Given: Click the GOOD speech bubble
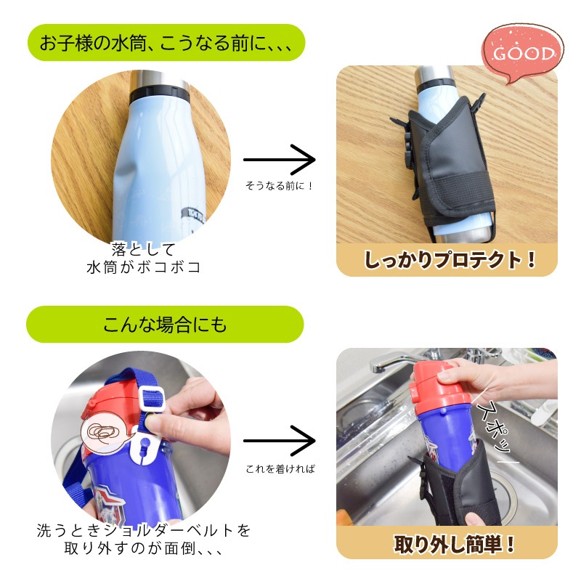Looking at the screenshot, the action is (522, 54).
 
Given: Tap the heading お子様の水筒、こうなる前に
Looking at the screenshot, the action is (166, 43).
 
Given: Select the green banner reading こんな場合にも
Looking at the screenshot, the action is (165, 325).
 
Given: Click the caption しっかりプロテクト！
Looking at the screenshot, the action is (450, 259).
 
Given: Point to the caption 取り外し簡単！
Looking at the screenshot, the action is (455, 544).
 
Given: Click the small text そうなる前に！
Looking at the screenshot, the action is (279, 186).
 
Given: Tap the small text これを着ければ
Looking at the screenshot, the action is (280, 469).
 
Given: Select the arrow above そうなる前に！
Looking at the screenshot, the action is (279, 160).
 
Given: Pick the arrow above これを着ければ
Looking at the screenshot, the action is (279, 441).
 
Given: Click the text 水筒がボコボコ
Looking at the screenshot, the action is (144, 267).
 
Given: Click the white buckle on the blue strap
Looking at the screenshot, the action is (151, 399).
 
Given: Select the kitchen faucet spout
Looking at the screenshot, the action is (393, 361).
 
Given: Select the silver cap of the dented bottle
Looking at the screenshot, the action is (160, 80).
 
